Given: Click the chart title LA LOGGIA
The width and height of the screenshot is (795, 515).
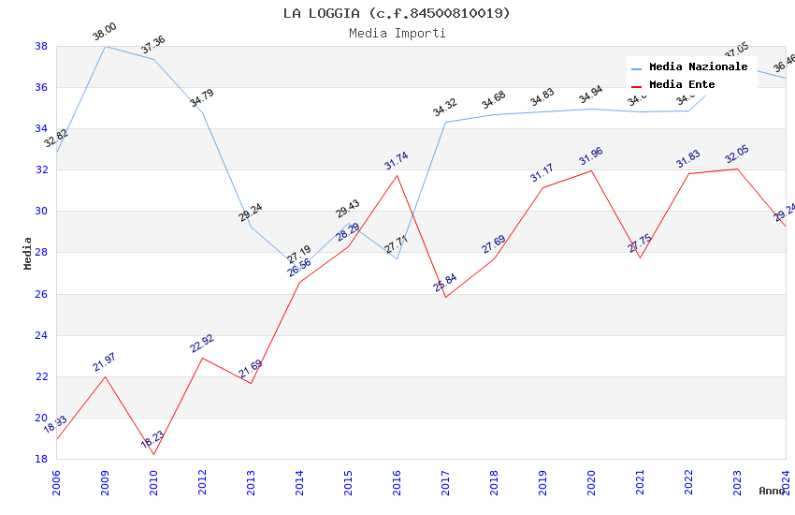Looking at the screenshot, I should [397, 13].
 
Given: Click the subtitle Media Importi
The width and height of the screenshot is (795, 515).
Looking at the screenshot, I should [397, 33].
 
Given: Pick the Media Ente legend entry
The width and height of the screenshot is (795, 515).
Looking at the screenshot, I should [682, 85].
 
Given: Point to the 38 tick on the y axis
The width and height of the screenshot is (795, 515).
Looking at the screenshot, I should [42, 46].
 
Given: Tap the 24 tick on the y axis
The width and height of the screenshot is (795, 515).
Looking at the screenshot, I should [42, 335].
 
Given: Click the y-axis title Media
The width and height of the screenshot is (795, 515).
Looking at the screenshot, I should [28, 253].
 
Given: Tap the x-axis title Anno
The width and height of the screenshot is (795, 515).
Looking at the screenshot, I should [772, 491].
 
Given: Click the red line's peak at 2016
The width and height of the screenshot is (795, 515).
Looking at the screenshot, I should [397, 175].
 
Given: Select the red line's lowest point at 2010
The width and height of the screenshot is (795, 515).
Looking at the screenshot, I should [153, 454].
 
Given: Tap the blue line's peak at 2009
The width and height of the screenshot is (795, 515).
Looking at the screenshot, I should [105, 46].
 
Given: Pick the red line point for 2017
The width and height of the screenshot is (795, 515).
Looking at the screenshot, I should [445, 297].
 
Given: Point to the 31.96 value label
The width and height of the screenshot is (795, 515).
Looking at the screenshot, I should [591, 156].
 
